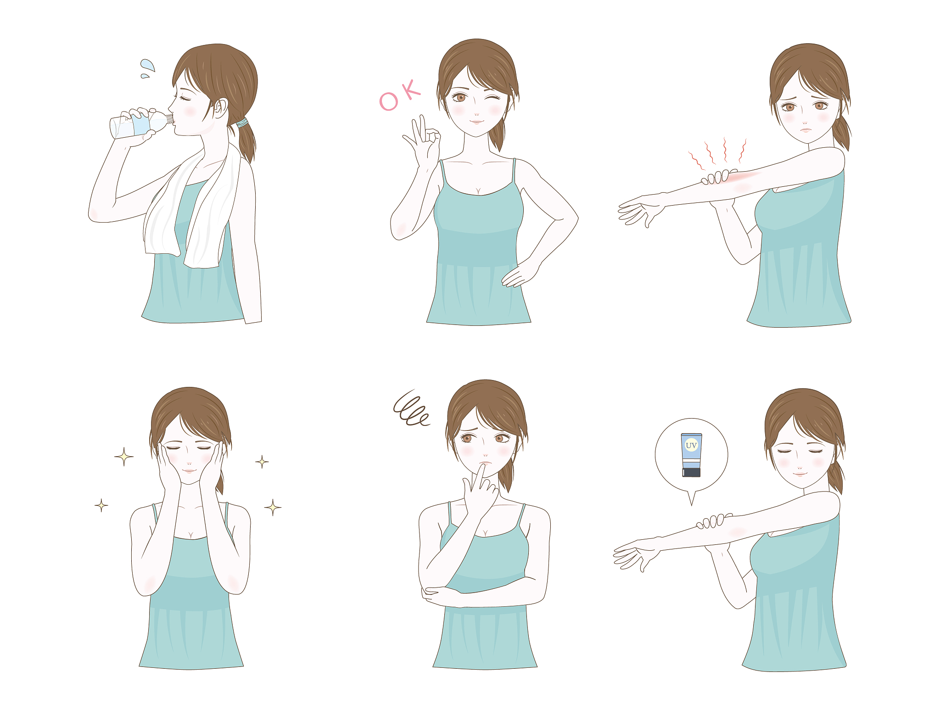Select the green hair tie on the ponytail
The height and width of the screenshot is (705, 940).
242,123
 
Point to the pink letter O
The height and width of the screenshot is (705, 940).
388,101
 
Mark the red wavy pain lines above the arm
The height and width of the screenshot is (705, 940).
717,153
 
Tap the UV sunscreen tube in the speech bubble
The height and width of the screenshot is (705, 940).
691,455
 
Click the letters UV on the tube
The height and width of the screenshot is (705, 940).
691,445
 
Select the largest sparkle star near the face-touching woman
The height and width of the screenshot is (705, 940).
124,457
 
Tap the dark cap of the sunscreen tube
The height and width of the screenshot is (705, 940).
691,472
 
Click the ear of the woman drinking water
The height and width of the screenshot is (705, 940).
221,108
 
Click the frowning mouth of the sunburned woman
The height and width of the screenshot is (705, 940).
806,130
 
